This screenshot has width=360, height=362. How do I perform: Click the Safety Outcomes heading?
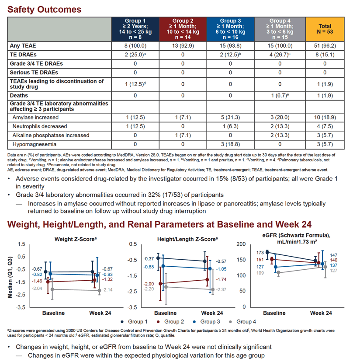[44, 10]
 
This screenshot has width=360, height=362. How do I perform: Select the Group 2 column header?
[183, 29]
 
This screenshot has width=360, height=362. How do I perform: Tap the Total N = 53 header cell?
[325, 29]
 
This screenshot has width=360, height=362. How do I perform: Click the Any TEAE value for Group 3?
[230, 46]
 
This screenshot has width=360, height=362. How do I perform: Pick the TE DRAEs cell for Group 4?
[280, 55]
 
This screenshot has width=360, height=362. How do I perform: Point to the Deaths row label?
[19, 96]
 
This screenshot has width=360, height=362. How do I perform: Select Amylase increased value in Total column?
[325, 118]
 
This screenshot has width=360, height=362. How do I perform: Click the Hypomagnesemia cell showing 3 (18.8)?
[230, 144]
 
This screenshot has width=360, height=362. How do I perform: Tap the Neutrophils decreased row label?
[40, 126]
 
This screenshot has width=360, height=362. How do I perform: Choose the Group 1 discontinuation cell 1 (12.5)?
[135, 84]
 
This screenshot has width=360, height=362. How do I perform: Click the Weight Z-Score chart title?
[76, 239]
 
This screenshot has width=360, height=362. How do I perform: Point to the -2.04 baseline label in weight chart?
[37, 289]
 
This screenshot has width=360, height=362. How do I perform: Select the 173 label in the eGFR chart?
[260, 253]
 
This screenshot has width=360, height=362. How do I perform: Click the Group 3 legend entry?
[207, 322]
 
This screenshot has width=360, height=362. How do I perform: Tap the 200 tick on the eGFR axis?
[241, 244]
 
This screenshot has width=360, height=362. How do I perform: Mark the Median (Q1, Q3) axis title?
[10, 277]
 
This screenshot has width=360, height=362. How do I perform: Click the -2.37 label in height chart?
[221, 289]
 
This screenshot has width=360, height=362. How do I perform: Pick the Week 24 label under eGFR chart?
[321, 313]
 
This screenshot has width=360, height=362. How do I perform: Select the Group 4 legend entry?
[242, 322]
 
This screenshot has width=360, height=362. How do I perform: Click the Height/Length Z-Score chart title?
[187, 239]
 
